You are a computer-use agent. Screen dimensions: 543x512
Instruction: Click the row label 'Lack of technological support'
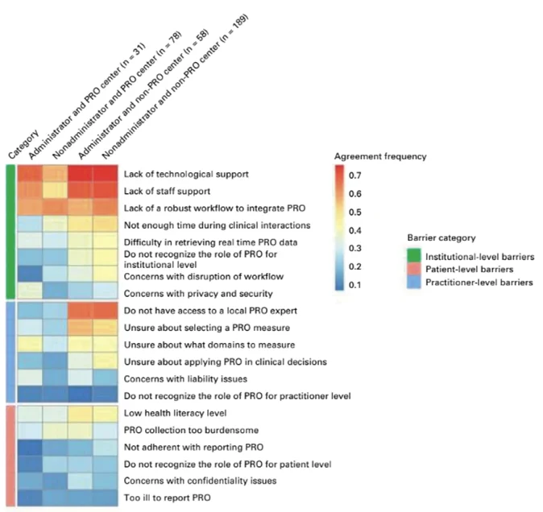point(186,174)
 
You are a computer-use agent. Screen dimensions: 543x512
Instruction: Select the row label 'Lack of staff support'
point(167,192)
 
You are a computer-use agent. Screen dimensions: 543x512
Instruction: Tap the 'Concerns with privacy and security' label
point(198,294)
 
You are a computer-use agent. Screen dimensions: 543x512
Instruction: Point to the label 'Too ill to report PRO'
point(167,498)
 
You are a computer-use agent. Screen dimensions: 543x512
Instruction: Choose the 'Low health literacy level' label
point(176,413)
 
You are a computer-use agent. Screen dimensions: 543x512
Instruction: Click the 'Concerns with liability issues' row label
point(185,379)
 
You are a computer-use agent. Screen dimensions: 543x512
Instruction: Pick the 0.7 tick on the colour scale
point(355,175)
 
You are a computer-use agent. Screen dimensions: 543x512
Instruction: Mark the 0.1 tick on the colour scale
point(355,285)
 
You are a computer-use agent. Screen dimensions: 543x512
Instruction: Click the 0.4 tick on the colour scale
point(355,230)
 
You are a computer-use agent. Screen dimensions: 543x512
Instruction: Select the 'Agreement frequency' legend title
point(380,157)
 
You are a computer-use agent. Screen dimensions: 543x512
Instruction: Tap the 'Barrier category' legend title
point(441,238)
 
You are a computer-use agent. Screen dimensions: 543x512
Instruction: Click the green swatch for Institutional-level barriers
point(414,255)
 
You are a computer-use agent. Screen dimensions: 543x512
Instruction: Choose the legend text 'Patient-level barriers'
point(469,270)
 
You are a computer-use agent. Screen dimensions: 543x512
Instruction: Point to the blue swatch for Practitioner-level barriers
point(414,282)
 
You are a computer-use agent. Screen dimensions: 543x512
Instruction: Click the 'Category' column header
point(23,145)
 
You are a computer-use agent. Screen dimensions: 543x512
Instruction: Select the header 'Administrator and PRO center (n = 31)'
point(87,101)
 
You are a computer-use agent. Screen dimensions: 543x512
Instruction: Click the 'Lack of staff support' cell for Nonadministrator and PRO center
point(55,191)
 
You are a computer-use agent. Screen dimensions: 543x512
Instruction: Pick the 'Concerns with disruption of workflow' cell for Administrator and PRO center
point(30,274)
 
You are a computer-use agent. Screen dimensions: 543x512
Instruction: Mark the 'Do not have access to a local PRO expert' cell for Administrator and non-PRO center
point(80,310)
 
